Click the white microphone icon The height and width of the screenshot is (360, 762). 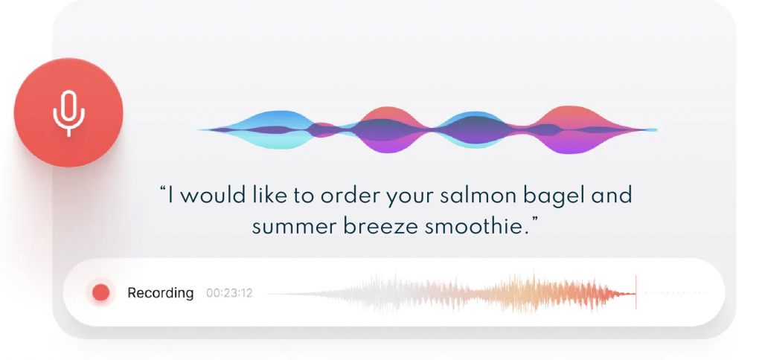(68, 113)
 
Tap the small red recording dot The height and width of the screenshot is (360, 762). (101, 293)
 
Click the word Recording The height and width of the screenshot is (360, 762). (161, 294)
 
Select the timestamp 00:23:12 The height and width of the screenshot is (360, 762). (229, 294)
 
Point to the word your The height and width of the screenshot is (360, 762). (412, 198)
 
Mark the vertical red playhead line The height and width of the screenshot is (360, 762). (635, 292)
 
